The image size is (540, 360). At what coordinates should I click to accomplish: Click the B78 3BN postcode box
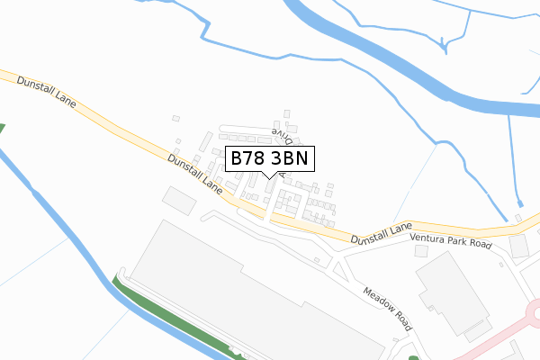click(270, 159)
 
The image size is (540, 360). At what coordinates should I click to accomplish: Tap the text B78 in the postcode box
click(249, 159)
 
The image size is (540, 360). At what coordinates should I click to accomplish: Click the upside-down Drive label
click(283, 136)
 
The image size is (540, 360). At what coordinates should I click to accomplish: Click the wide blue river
click(405, 67)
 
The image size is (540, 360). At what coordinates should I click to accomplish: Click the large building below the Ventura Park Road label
click(450, 292)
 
